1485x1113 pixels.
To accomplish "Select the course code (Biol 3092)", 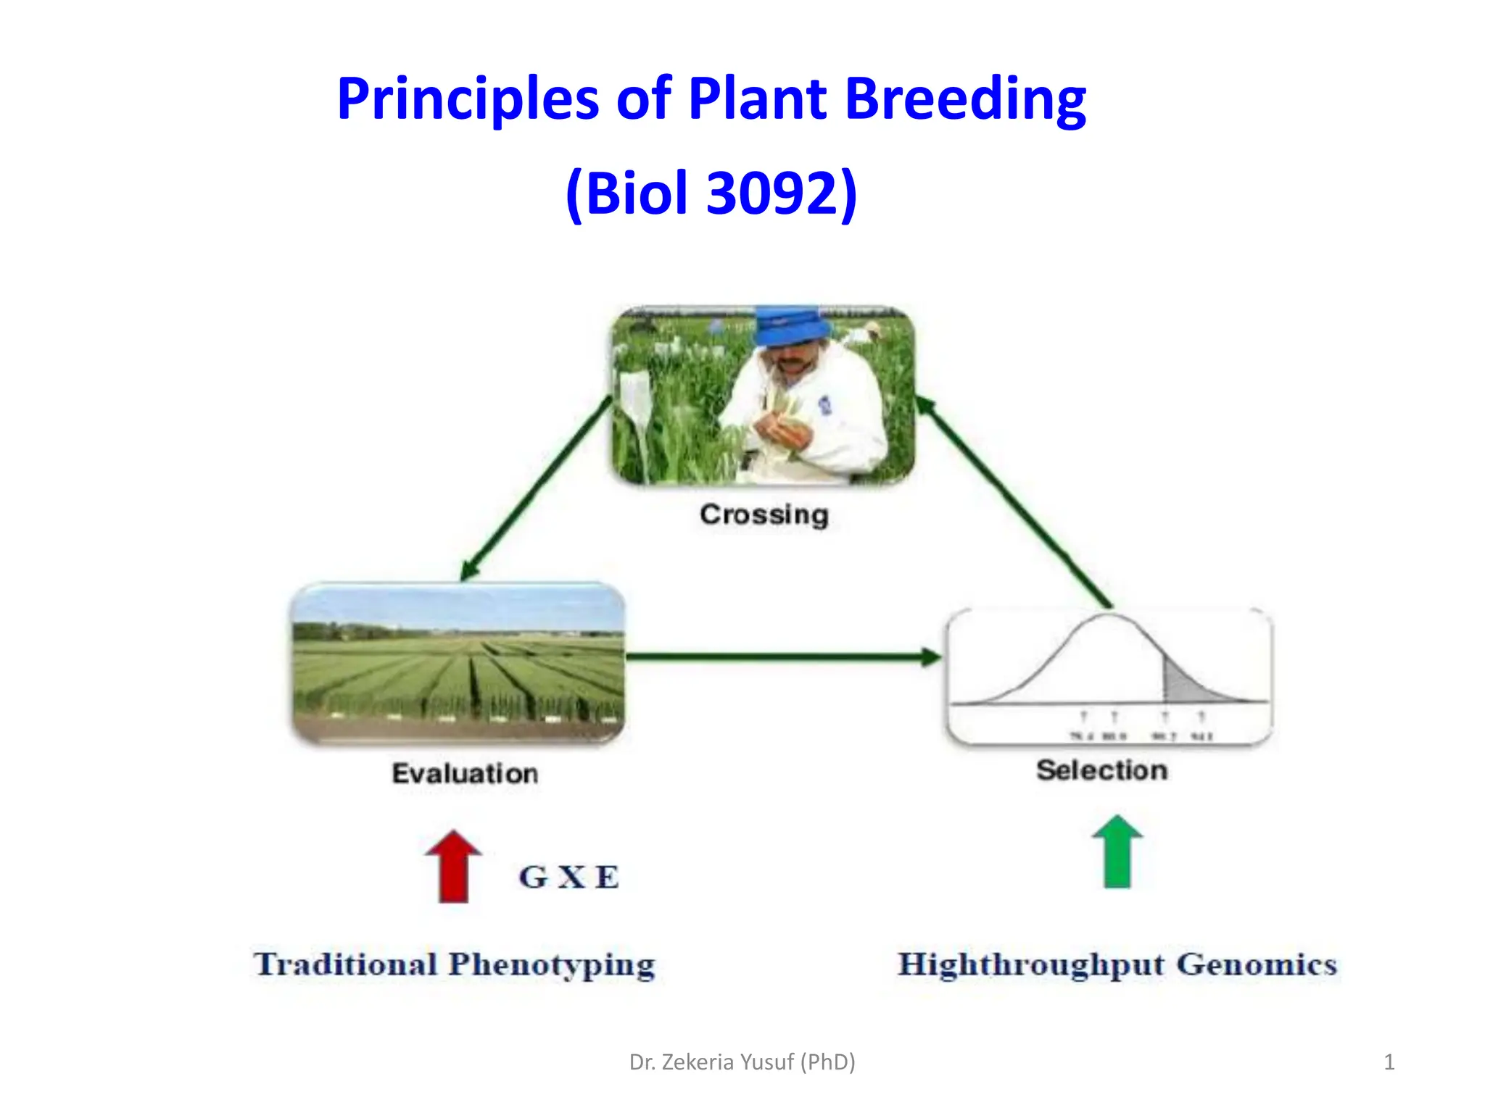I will [711, 193].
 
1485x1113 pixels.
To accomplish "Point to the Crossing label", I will [764, 514].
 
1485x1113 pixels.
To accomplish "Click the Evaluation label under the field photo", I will [465, 773].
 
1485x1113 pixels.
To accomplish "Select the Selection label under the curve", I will [1101, 770].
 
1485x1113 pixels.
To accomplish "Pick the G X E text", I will [569, 877].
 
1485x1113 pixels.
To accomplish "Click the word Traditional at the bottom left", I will [346, 964].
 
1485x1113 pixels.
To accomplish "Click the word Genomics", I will [1256, 964].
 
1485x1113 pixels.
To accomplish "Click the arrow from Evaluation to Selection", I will [783, 657].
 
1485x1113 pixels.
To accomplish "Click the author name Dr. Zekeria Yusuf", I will [742, 1062].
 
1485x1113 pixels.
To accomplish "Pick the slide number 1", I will [1389, 1062].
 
